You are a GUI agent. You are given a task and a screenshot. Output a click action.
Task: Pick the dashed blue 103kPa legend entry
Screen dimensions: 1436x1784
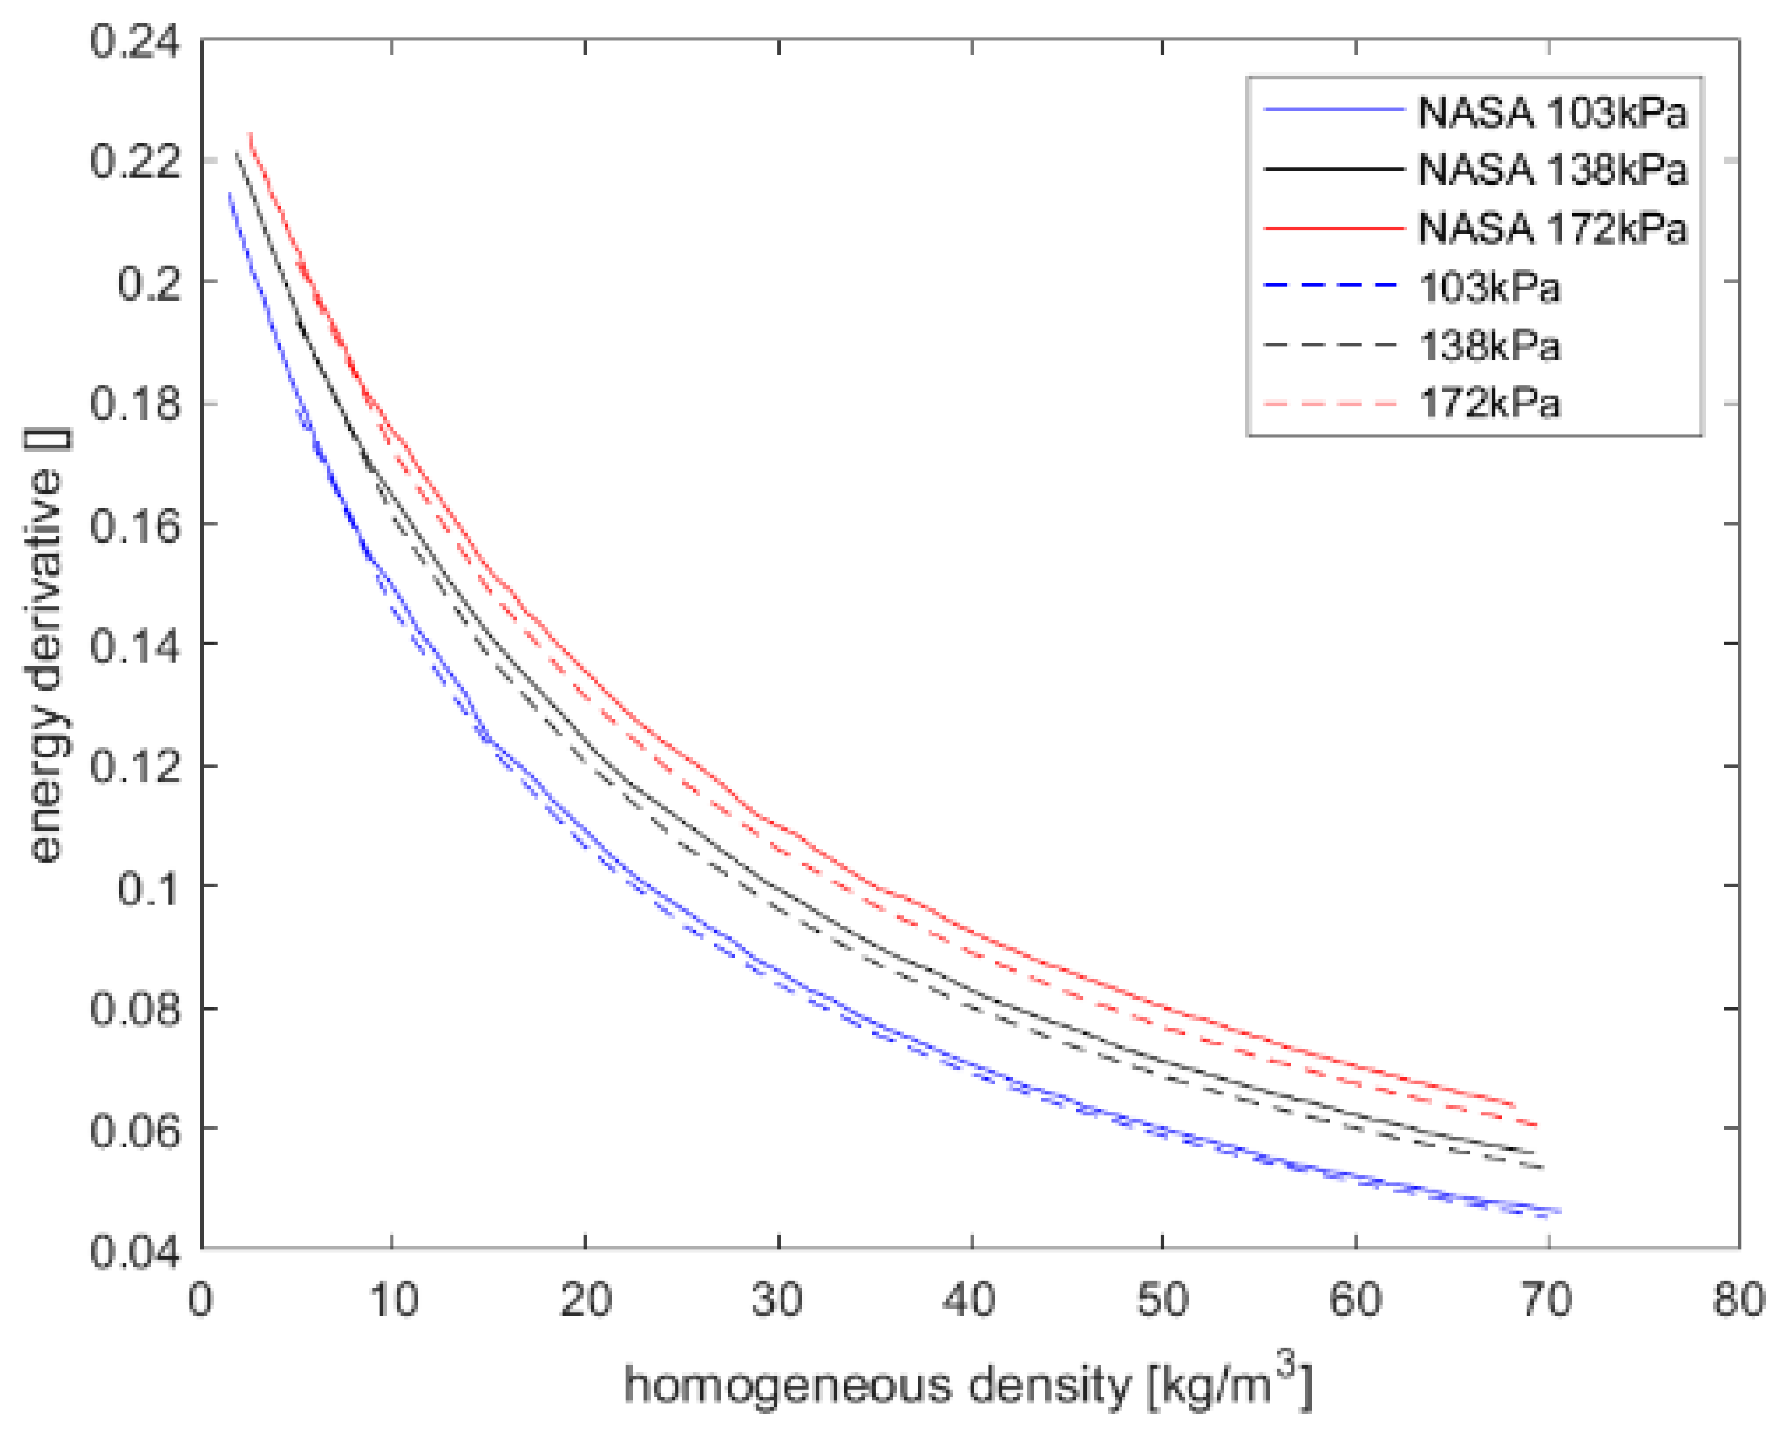[x=1489, y=287]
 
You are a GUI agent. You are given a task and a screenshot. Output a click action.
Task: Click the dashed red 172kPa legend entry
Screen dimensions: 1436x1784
[x=1489, y=404]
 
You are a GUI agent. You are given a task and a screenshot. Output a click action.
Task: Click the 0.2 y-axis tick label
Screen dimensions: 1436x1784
[x=149, y=282]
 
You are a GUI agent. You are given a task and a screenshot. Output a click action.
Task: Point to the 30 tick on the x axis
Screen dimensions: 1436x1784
[x=777, y=1300]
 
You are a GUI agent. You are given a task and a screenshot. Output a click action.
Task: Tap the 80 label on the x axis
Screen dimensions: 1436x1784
[x=1738, y=1300]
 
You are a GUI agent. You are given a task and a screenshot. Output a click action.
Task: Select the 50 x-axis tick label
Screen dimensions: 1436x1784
[x=1163, y=1300]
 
